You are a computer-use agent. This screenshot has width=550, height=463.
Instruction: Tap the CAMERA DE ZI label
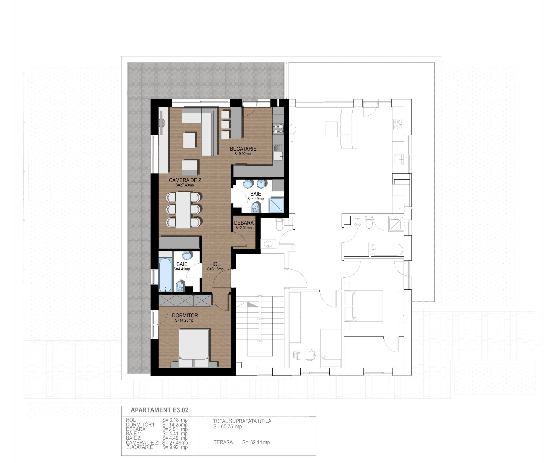pyautogui.click(x=186, y=180)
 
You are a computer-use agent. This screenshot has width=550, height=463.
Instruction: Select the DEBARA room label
pyautogui.click(x=244, y=223)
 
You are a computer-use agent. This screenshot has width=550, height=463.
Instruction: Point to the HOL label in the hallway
pyautogui.click(x=215, y=264)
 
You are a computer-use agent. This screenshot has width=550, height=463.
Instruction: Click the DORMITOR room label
pyautogui.click(x=185, y=315)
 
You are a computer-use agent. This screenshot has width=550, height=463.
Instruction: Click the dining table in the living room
pyautogui.click(x=183, y=210)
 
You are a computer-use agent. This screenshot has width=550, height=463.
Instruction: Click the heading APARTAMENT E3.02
pyautogui.click(x=160, y=410)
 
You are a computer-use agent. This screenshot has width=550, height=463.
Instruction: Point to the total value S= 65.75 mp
pyautogui.click(x=228, y=426)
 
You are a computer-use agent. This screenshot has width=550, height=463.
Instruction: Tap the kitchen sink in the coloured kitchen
pyautogui.click(x=278, y=156)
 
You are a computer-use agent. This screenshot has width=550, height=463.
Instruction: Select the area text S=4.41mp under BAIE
pyautogui.click(x=182, y=269)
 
